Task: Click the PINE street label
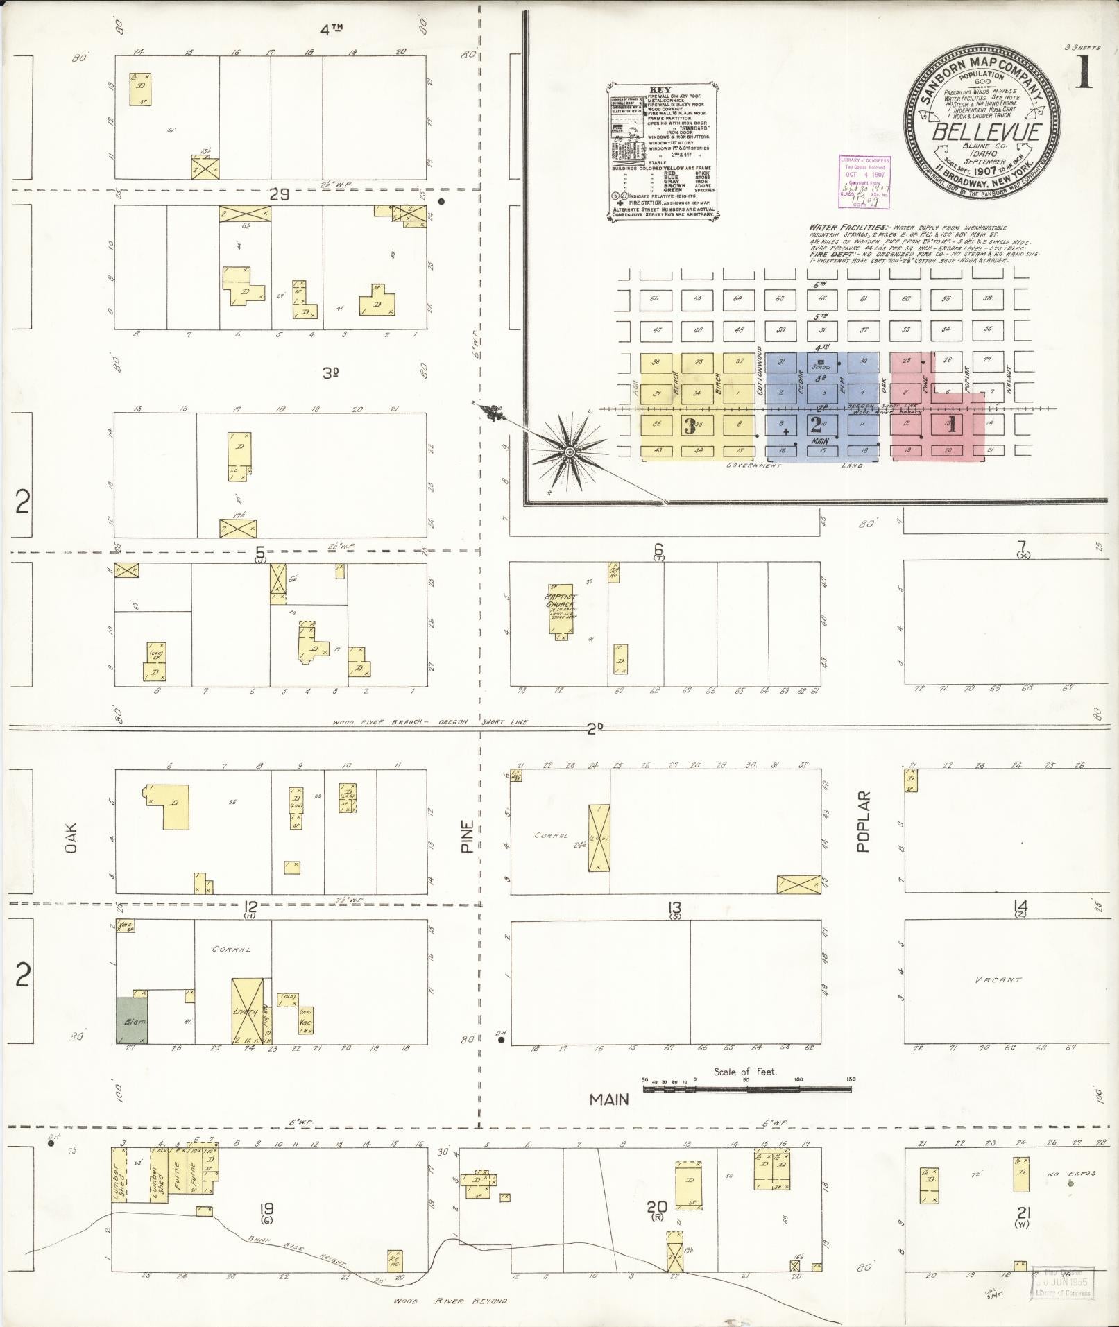(467, 837)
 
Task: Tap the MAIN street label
(609, 1099)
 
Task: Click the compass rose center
(570, 452)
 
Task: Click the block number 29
(279, 196)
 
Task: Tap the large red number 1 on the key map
(951, 425)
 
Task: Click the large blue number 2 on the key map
(816, 424)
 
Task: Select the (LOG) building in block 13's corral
(598, 839)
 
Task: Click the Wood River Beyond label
(450, 1301)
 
